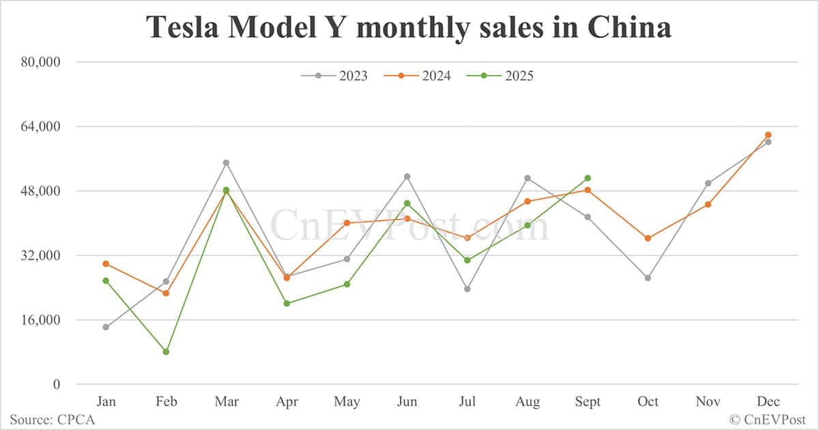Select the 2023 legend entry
point(334,76)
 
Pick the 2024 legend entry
point(418,76)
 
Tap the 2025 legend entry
point(500,76)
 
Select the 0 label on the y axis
point(57,385)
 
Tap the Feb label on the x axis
point(166,402)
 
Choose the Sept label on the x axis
point(588,402)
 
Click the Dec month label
point(768,402)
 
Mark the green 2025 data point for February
point(166,352)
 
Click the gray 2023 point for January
point(106,327)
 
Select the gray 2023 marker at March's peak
point(226,163)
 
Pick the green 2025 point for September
point(588,179)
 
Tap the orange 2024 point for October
point(648,239)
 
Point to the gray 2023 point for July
point(468,289)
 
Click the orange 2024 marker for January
point(106,264)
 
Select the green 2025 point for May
point(347,284)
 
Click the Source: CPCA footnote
point(52,420)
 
